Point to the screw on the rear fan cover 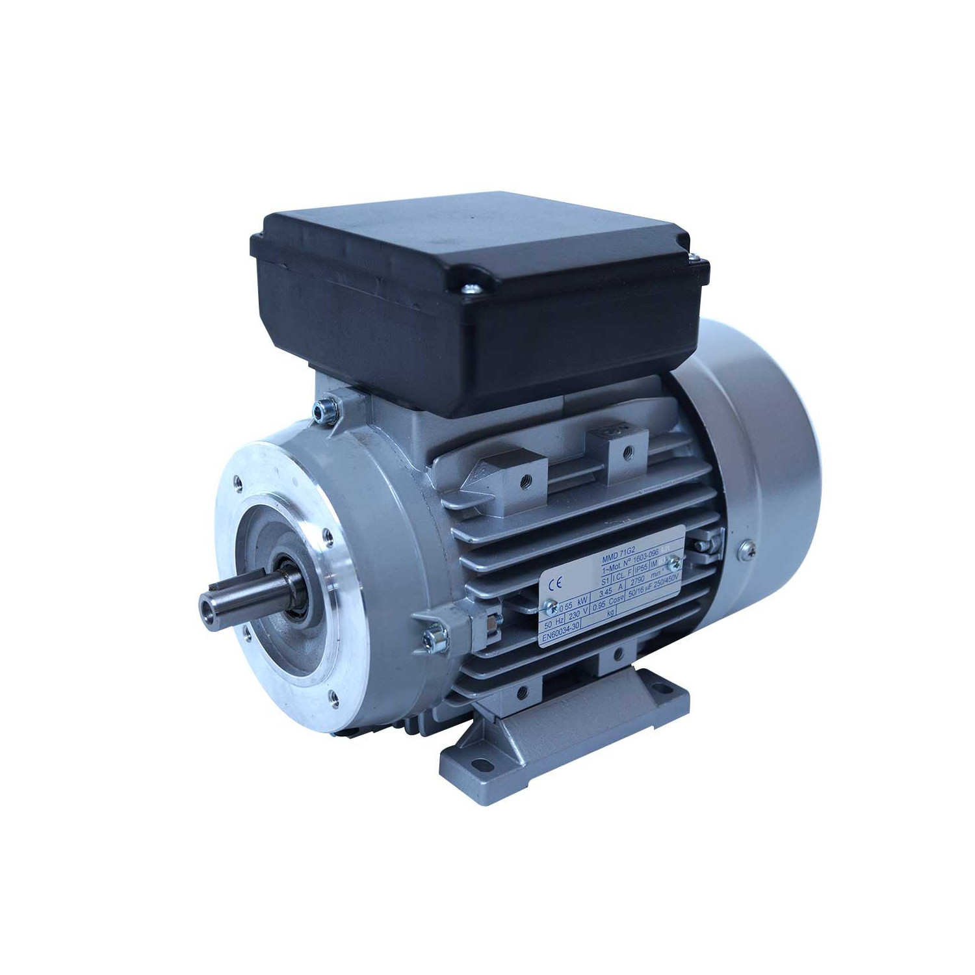(x=743, y=551)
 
